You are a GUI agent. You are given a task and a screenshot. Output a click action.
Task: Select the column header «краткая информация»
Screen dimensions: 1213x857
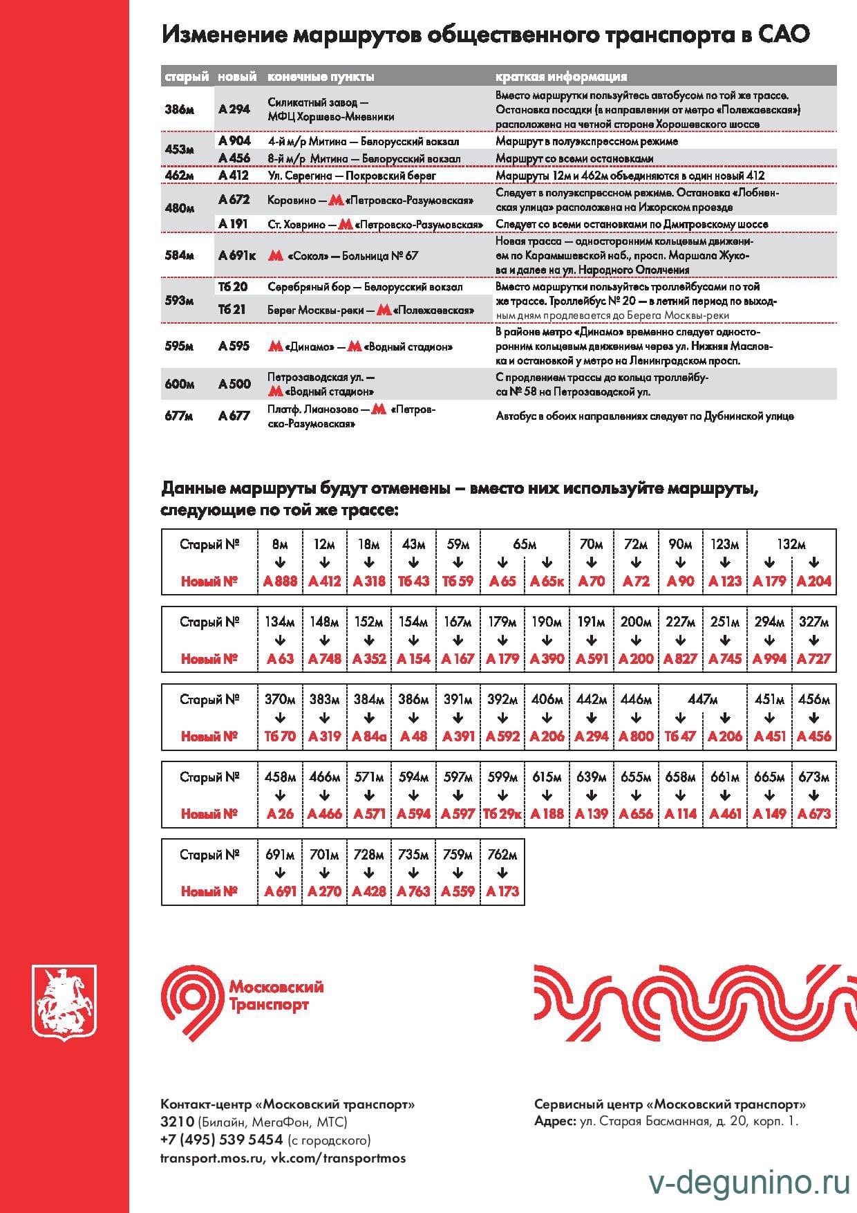coord(561,76)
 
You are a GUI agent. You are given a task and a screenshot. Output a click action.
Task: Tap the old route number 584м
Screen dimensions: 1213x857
coord(179,255)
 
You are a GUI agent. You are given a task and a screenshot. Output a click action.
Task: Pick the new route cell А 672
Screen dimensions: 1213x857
coord(234,200)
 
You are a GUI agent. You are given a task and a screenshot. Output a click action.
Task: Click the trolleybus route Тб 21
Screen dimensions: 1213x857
coord(232,310)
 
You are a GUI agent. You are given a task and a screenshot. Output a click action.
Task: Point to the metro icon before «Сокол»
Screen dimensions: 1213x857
coord(276,255)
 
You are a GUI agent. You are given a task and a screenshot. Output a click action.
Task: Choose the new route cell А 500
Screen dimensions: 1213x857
coord(234,384)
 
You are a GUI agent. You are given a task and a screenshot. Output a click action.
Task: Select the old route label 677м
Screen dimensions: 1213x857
coord(178,416)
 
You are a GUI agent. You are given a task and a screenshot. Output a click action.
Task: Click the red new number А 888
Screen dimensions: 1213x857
coord(280,581)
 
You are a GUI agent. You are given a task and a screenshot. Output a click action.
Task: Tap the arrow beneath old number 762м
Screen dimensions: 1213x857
coord(502,873)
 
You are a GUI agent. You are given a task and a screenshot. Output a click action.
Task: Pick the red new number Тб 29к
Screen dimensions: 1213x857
coord(502,814)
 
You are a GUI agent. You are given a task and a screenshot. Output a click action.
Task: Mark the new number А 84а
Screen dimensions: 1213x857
coord(369,737)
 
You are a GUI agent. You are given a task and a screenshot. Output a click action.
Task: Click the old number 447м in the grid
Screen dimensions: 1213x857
coord(702,699)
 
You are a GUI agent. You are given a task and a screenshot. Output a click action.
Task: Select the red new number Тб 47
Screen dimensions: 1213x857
coord(680,737)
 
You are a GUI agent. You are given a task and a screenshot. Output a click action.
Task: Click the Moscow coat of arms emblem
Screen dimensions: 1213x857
coord(64,1002)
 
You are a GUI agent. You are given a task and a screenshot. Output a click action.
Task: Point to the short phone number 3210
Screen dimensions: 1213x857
coord(177,1122)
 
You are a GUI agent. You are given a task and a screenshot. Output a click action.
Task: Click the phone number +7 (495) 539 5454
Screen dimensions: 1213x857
coord(222,1140)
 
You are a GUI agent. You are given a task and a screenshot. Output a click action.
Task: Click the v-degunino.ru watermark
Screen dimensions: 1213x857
coord(749,1184)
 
